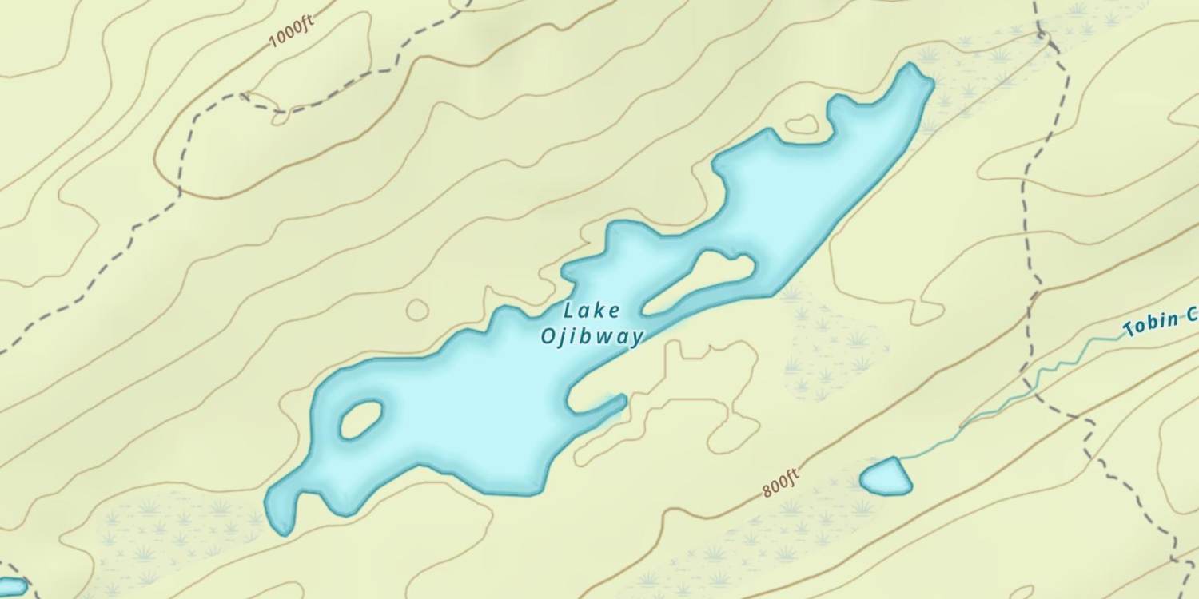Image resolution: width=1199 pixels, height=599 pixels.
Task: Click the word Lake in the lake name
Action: tap(591, 311)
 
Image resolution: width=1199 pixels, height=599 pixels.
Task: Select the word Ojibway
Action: tap(592, 336)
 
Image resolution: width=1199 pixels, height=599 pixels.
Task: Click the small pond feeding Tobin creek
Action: tap(886, 476)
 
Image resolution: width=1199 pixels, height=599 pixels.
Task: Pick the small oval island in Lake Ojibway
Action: tap(361, 419)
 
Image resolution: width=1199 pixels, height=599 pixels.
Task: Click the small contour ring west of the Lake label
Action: tap(417, 309)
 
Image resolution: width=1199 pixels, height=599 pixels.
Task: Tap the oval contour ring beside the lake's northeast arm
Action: tap(802, 125)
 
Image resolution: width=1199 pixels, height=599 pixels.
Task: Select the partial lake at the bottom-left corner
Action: tap(11, 588)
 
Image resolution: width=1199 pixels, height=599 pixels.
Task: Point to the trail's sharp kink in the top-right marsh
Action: tap(1042, 34)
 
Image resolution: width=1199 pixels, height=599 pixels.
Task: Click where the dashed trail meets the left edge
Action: tap(2, 352)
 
